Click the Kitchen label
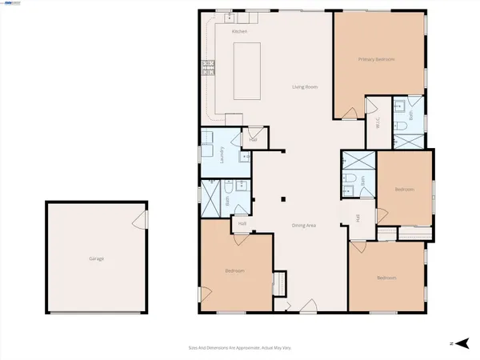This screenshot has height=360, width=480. pos(239,30)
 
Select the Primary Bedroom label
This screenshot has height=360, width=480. pos(377,59)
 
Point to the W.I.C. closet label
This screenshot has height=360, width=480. pos(377,123)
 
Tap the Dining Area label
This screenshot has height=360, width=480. pos(304,226)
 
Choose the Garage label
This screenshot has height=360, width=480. pos(96,258)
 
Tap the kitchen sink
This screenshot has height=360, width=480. pos(230,15)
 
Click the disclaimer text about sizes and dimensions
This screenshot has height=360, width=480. pos(239,347)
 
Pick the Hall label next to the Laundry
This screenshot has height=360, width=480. pos(253,139)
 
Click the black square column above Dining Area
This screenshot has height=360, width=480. pos(282,200)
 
